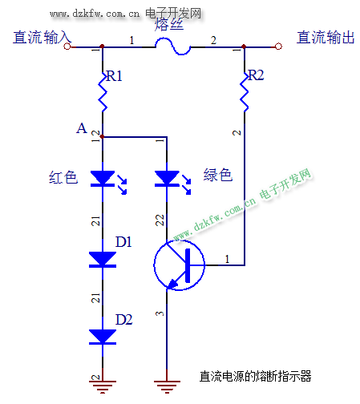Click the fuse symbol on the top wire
[x=173, y=47]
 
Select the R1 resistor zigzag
[x=103, y=91]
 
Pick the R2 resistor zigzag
[x=245, y=91]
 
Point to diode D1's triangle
[x=103, y=259]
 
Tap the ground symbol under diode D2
[x=103, y=386]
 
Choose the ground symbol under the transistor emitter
[x=167, y=386]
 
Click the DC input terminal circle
[x=67, y=46]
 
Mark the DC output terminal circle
[x=278, y=46]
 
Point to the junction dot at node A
[x=102, y=137]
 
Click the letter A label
[x=82, y=128]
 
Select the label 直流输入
[x=42, y=37]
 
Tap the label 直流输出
[x=326, y=37]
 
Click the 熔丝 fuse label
[x=169, y=25]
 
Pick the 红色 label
[x=63, y=177]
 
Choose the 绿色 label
[x=218, y=175]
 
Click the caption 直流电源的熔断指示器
[x=255, y=376]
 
